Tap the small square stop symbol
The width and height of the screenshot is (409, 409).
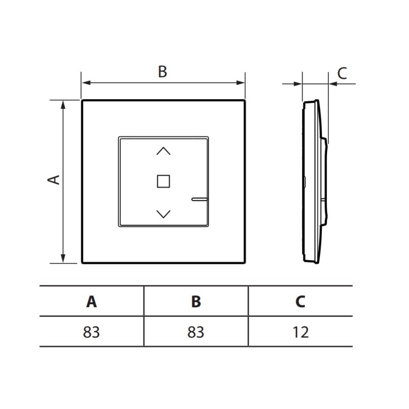(164, 181)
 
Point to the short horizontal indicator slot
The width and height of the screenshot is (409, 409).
(199, 199)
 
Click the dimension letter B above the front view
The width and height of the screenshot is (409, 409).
(163, 72)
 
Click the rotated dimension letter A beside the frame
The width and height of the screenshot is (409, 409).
(54, 180)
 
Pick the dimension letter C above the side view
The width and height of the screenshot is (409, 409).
(342, 73)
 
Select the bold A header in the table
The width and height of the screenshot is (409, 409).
(92, 302)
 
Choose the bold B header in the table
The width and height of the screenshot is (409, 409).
(196, 302)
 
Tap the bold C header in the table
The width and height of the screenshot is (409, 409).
(300, 302)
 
